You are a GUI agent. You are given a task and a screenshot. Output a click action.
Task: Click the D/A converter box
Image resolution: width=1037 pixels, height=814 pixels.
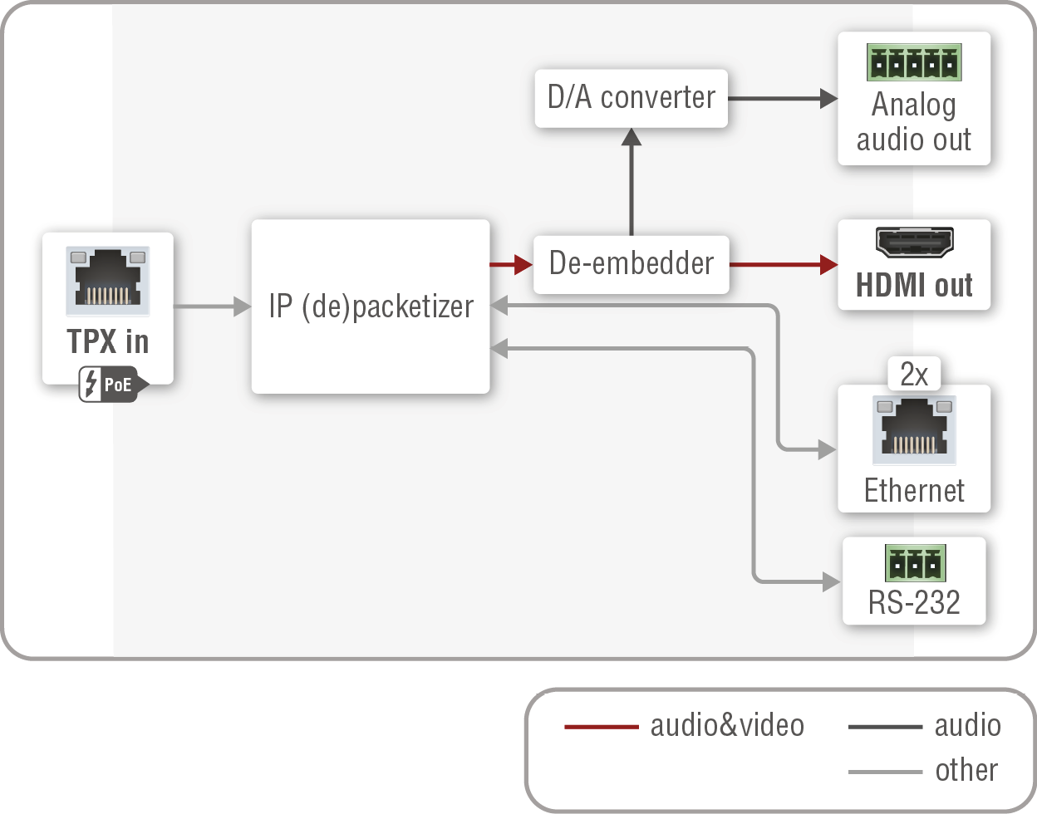click(x=631, y=98)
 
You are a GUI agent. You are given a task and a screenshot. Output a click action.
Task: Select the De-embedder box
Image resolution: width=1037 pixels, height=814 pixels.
click(x=631, y=264)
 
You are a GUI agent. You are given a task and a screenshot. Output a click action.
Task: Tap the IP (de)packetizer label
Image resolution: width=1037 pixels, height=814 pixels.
click(x=371, y=306)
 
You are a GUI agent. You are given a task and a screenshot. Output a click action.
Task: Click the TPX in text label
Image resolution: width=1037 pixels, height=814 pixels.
click(x=108, y=341)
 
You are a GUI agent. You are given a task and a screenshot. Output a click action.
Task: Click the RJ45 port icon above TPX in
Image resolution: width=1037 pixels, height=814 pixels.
click(x=108, y=281)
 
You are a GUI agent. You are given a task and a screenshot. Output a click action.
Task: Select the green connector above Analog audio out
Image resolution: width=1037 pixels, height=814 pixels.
click(x=914, y=62)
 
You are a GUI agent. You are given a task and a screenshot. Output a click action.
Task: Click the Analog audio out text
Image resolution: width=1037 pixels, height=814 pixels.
click(x=914, y=122)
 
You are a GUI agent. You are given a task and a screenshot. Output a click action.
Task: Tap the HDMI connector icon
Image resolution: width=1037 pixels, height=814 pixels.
click(x=914, y=242)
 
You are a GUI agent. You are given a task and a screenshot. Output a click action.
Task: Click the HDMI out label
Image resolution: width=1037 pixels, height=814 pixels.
click(x=914, y=285)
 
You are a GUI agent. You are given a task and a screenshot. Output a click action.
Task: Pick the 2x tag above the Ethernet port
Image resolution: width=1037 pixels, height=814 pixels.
click(x=914, y=375)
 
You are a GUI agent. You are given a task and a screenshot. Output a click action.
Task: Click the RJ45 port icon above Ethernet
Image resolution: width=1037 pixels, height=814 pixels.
click(x=914, y=429)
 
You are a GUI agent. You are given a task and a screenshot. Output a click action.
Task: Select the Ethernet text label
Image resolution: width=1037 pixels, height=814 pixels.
click(x=914, y=491)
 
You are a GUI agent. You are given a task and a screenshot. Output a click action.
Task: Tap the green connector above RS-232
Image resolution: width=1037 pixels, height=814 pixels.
click(x=915, y=564)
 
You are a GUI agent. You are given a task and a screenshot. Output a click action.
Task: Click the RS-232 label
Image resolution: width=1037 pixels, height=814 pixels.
click(x=914, y=602)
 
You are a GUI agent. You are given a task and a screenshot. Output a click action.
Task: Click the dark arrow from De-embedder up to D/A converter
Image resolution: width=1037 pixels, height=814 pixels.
click(x=632, y=183)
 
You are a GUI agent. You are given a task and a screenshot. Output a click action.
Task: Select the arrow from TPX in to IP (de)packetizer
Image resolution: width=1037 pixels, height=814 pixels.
click(x=212, y=306)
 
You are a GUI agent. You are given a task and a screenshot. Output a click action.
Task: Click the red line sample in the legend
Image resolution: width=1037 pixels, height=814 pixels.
click(x=601, y=727)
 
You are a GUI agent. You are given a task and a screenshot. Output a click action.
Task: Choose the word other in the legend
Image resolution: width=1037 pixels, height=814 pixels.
click(x=966, y=770)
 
